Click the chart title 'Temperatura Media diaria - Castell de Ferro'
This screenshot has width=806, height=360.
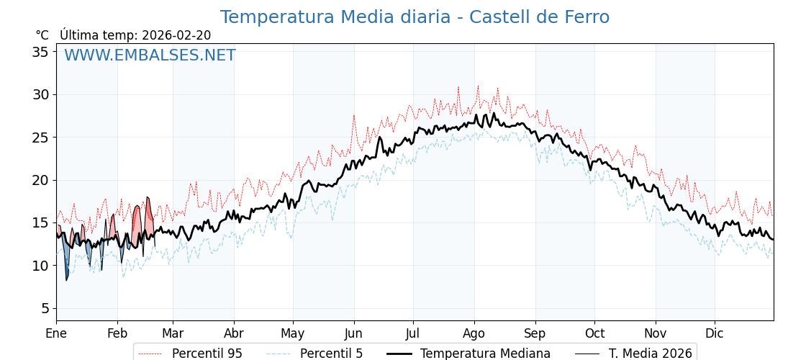415,17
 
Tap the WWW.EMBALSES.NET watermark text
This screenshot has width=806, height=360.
150,55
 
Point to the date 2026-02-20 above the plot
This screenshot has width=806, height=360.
176,35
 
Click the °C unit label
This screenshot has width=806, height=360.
42,35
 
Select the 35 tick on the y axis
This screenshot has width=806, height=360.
40,52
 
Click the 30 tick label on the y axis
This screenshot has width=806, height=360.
40,94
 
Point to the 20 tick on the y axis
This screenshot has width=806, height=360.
40,180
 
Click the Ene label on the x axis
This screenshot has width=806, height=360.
56,334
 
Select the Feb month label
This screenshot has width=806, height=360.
117,334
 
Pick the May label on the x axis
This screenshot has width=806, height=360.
293,334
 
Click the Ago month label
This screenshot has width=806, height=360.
474,334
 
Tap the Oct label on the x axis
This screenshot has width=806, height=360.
594,334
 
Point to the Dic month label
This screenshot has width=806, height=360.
715,334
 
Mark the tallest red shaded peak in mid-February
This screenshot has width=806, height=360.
148,212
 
